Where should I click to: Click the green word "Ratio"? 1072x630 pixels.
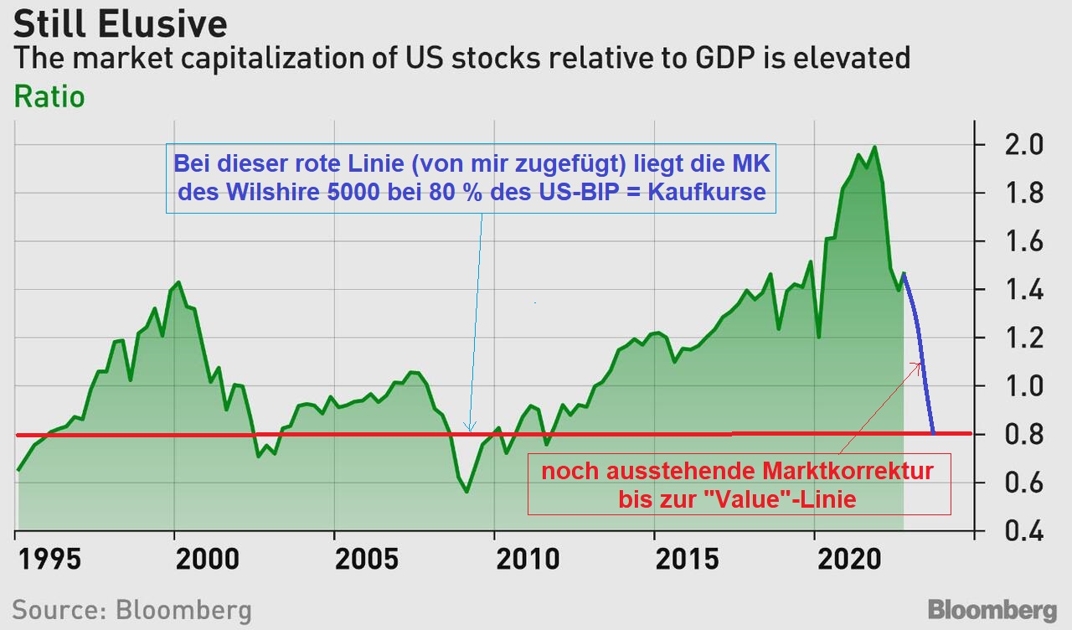49,96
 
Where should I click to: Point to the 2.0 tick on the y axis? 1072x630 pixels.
1018,145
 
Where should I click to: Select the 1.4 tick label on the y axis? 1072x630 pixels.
1018,291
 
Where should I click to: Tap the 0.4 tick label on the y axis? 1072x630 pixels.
1018,532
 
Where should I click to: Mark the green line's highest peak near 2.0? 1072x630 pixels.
874,147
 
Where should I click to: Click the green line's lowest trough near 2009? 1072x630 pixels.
466,491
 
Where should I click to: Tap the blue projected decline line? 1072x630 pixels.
921,360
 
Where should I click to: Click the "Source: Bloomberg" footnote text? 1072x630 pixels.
131,609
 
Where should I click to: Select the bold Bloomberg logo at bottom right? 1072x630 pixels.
992,609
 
